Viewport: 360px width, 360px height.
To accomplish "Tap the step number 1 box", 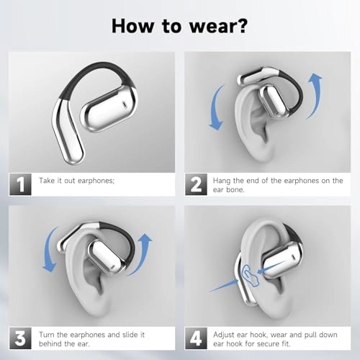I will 19,185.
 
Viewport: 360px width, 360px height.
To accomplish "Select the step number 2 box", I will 197,185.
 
